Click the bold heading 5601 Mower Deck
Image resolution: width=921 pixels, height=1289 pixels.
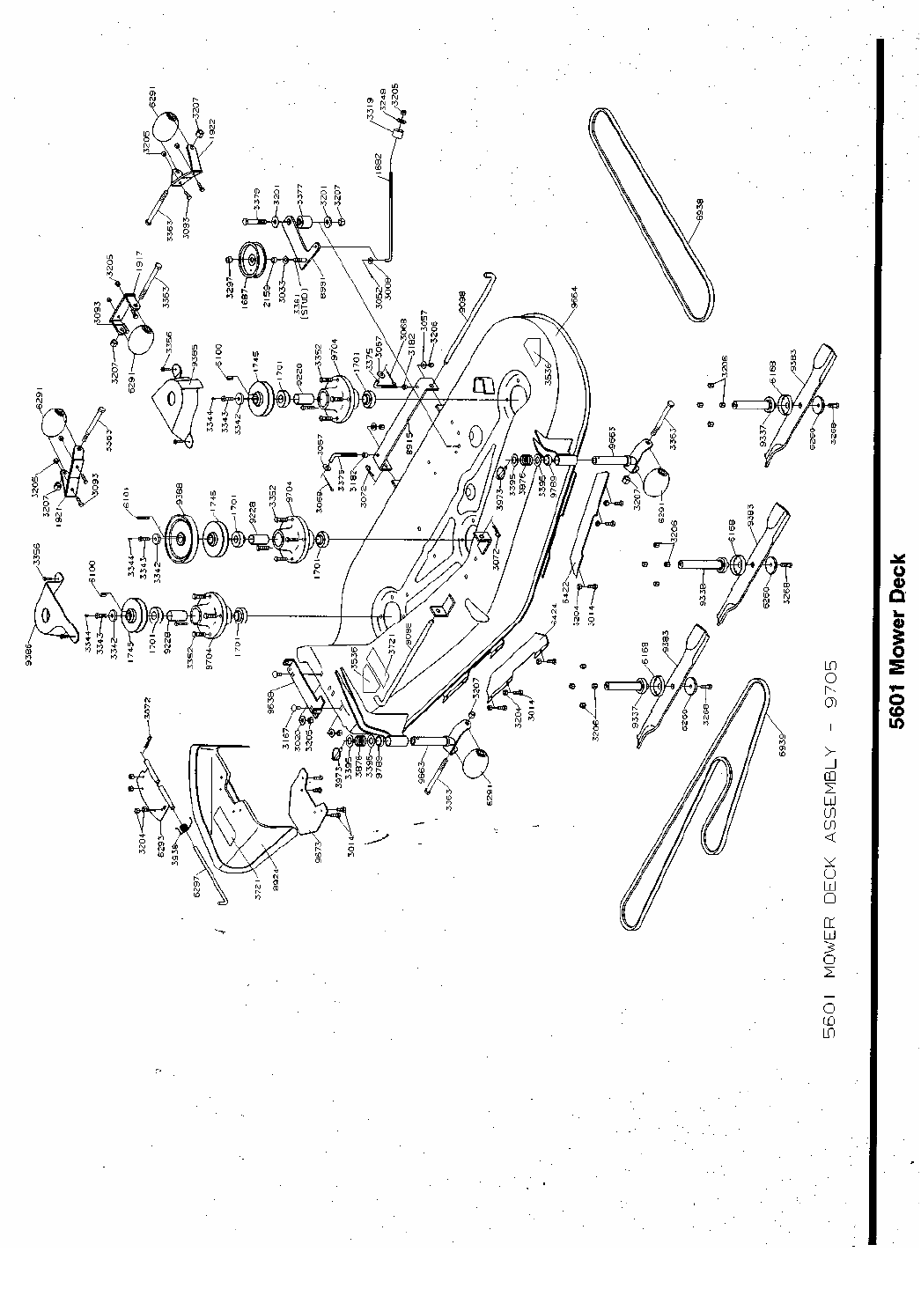click(x=897, y=641)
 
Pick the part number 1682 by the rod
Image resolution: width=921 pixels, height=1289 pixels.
click(x=379, y=165)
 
